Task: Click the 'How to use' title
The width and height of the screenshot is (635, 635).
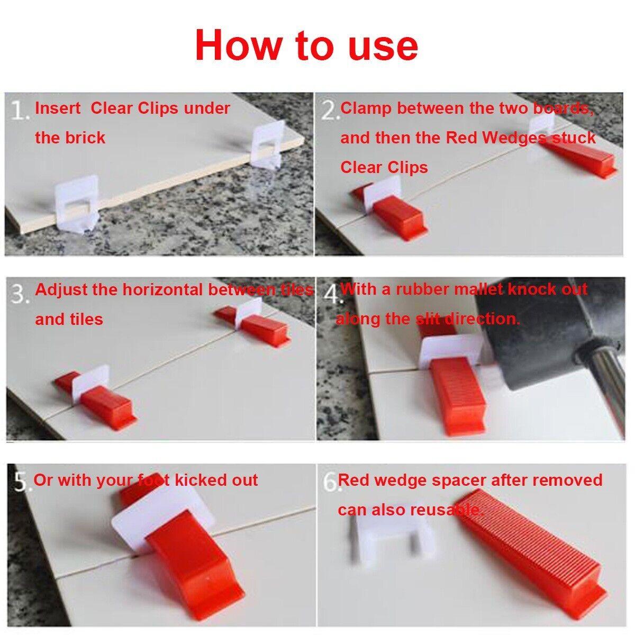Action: click(306, 46)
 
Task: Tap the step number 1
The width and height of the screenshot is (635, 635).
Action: click(20, 111)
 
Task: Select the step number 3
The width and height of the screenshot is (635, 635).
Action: click(20, 294)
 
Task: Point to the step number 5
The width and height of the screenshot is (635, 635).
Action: click(20, 483)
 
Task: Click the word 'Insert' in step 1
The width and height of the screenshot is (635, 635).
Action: click(58, 108)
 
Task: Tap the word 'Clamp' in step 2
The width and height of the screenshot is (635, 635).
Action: click(366, 108)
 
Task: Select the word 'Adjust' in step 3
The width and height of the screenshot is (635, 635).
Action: click(61, 290)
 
